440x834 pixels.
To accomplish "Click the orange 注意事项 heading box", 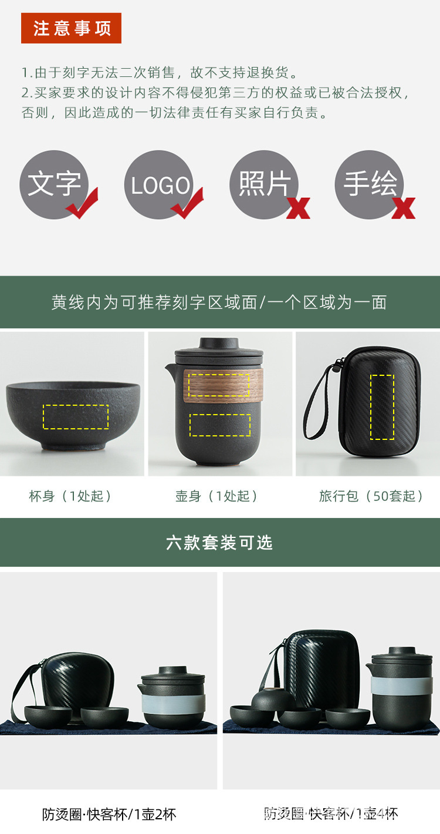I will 71,28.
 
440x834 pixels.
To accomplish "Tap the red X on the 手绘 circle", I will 404,208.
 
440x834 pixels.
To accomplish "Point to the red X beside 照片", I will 298,208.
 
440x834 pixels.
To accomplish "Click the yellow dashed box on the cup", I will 75,416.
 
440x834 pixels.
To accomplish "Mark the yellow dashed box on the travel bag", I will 382,406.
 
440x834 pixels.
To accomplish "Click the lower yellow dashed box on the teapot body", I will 220,425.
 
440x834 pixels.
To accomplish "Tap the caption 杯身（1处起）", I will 70,496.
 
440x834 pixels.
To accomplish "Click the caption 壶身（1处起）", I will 217,496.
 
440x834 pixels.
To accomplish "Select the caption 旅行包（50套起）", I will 371,496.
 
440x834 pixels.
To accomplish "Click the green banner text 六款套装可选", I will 219,543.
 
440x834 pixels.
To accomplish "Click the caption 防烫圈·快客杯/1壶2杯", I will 109,815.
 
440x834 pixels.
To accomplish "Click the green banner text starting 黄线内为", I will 219,302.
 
